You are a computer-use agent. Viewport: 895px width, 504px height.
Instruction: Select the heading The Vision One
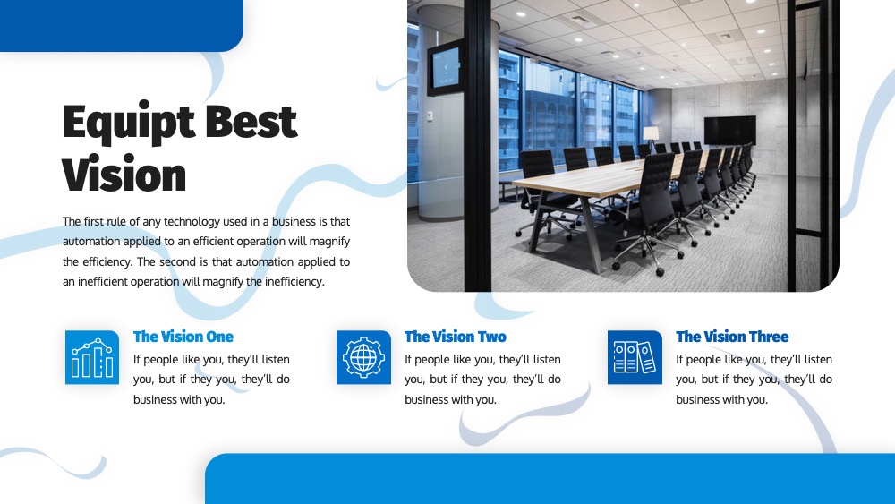[x=183, y=337]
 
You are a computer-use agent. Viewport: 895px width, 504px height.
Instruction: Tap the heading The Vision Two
[x=455, y=337]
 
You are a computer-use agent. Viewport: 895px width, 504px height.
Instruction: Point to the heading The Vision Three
[x=732, y=337]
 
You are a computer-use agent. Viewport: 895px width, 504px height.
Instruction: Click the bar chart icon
[x=92, y=357]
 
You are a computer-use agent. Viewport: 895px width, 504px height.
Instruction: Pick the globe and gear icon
[x=363, y=357]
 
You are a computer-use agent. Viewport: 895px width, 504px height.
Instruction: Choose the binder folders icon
[x=635, y=357]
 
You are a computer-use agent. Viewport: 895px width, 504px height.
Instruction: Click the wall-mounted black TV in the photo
[x=729, y=130]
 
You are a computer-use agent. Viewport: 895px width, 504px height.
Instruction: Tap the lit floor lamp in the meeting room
[x=651, y=138]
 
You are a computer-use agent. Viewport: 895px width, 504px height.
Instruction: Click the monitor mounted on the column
[x=445, y=68]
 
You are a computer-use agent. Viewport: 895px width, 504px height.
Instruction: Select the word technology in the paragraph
[x=192, y=221]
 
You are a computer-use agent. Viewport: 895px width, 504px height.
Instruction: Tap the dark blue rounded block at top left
[x=122, y=26]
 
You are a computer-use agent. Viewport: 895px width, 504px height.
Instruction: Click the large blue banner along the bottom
[x=550, y=479]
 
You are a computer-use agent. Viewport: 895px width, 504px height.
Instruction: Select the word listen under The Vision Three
[x=818, y=360]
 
